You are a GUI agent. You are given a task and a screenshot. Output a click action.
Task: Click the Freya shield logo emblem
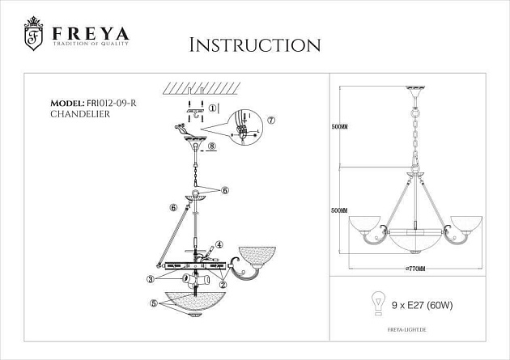pyautogui.click(x=33, y=36)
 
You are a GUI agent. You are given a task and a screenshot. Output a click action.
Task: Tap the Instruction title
pyautogui.click(x=253, y=44)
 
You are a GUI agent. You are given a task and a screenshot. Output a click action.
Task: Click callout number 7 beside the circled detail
pyautogui.click(x=270, y=120)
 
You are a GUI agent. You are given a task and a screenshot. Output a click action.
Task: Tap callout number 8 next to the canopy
pyautogui.click(x=210, y=146)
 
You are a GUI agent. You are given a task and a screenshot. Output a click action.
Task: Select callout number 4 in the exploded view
pyautogui.click(x=218, y=245)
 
